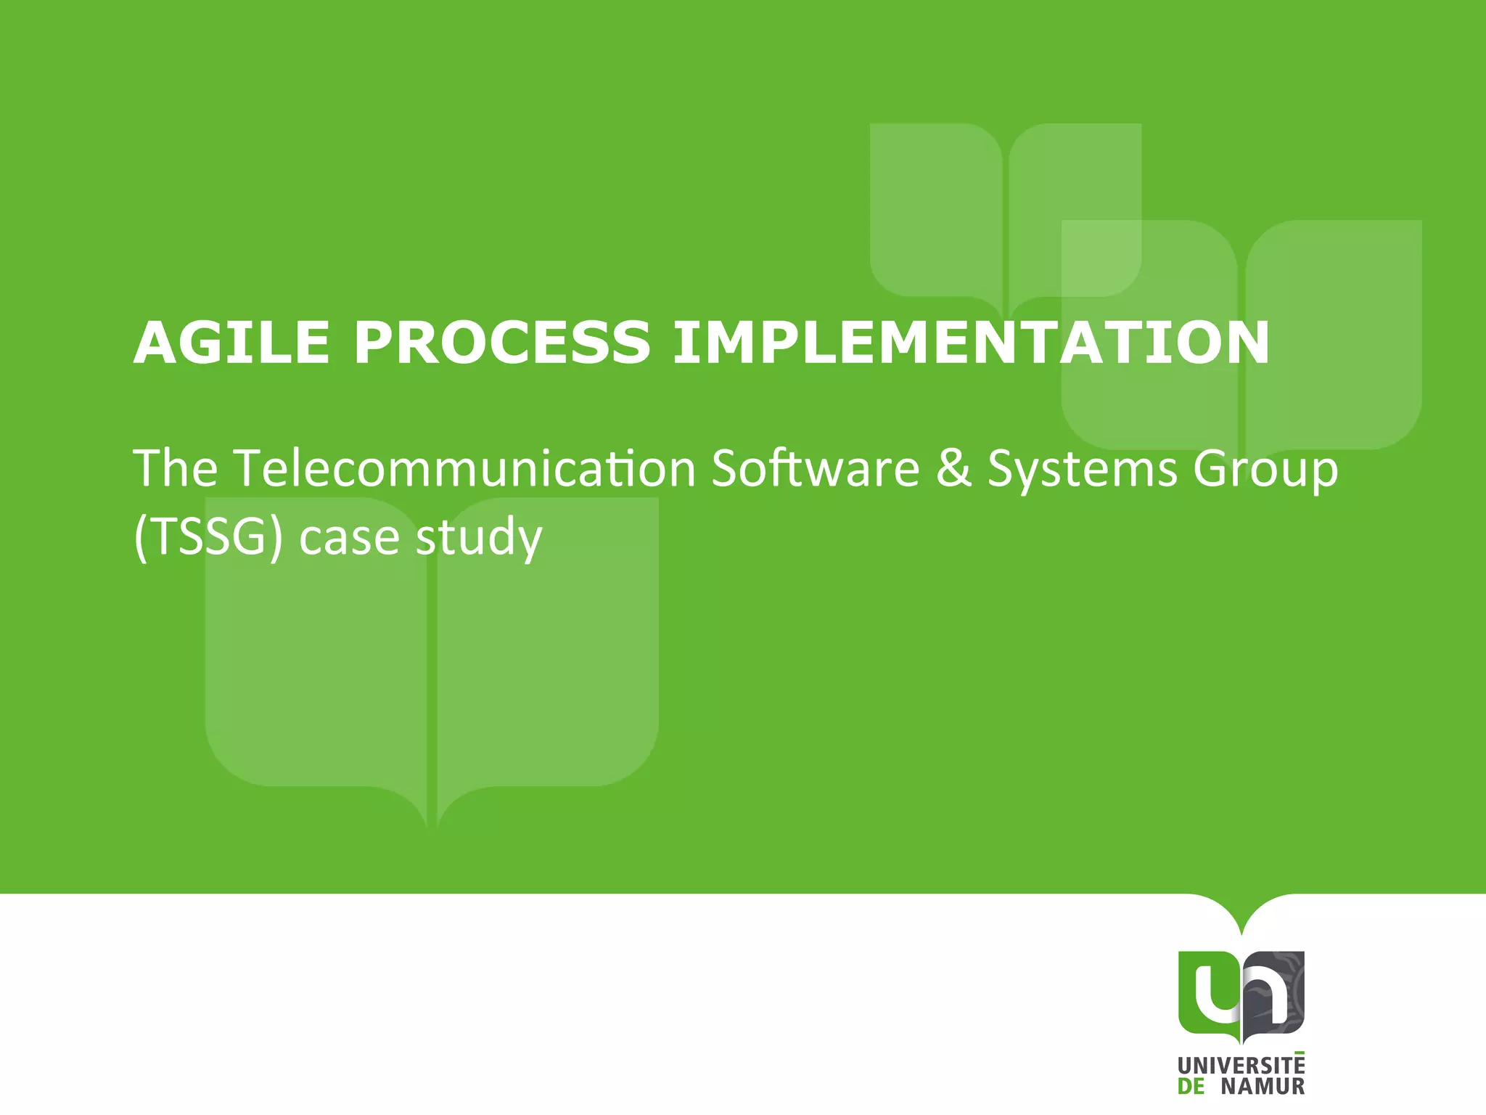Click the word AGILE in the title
point(231,343)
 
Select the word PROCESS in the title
point(501,343)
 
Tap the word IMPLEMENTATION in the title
point(971,343)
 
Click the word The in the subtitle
point(175,468)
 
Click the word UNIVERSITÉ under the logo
point(1241,1066)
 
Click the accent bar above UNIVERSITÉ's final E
point(1298,1052)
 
